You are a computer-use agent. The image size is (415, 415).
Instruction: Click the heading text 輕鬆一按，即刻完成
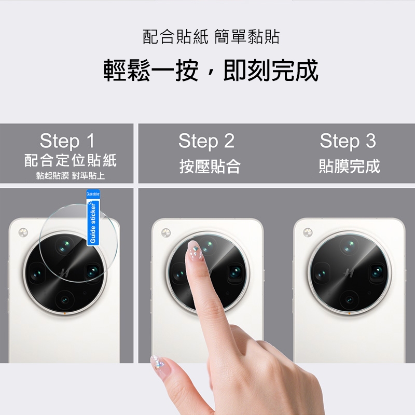(211, 70)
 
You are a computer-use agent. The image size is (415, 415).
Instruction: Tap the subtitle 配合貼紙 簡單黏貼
(211, 36)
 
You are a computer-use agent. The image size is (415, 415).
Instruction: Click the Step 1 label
(67, 141)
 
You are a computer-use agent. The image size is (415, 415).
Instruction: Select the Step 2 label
(206, 141)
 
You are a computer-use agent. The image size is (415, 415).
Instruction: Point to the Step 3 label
(348, 141)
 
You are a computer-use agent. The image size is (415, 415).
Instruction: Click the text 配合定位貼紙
(71, 160)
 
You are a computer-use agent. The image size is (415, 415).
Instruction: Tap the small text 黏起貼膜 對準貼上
(71, 175)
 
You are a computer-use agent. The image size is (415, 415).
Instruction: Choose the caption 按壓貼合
(210, 167)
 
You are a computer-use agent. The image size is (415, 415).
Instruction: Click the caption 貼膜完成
(349, 166)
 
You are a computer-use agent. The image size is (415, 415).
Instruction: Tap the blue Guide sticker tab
(93, 217)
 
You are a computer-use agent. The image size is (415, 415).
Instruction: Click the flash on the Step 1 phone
(23, 232)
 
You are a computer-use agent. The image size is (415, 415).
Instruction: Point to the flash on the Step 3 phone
(308, 232)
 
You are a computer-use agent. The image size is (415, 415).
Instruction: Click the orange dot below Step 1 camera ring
(65, 314)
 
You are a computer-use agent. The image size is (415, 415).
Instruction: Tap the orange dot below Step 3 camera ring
(349, 314)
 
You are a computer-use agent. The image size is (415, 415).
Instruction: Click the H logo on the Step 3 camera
(349, 273)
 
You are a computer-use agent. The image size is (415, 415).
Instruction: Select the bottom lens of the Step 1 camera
(64, 300)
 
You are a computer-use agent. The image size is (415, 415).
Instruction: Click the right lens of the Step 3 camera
(377, 272)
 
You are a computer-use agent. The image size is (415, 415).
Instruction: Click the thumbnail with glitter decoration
(158, 363)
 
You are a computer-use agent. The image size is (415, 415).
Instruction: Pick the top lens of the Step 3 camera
(350, 245)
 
